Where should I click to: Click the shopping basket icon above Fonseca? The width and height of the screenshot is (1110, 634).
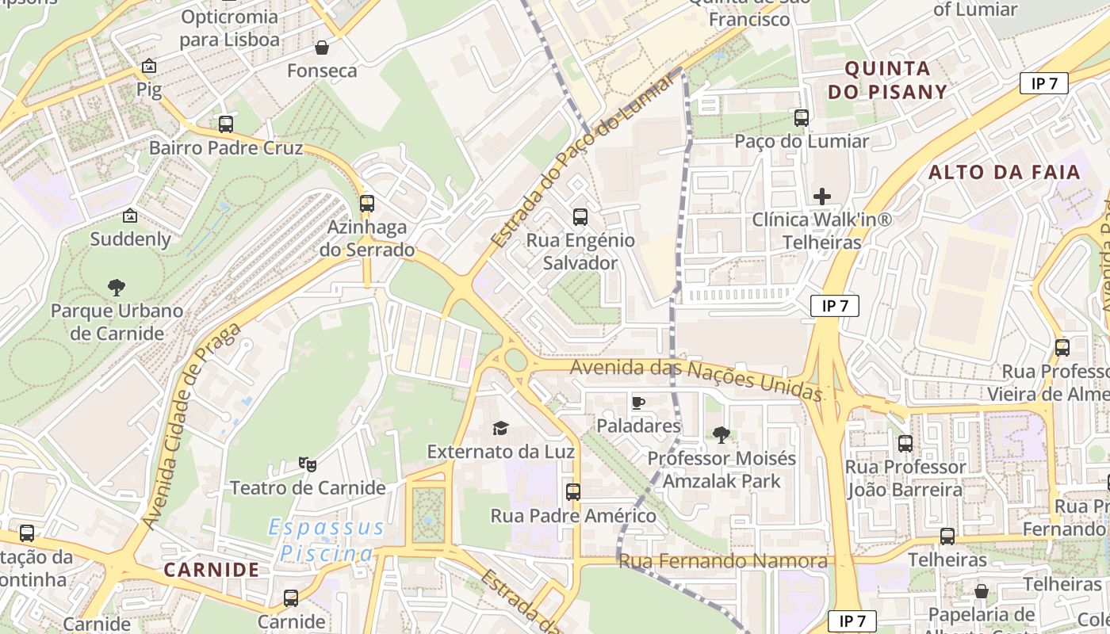322,48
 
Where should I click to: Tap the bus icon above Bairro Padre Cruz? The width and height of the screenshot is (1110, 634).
226,124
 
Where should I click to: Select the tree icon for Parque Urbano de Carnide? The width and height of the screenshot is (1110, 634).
117,288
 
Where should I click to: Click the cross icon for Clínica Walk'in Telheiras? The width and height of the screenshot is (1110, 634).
822,197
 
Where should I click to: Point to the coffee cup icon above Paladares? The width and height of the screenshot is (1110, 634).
638,403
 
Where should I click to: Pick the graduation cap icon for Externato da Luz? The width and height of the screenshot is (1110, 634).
500,429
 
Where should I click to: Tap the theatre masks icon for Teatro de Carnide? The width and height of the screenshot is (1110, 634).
308,464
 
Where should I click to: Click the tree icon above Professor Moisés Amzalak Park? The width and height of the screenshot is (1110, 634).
721,434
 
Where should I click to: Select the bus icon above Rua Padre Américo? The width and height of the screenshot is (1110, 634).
573,492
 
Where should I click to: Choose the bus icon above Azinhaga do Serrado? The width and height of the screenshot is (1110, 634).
366,204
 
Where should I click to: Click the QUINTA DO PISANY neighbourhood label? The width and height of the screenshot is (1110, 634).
888,80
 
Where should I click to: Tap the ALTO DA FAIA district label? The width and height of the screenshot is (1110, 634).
1004,172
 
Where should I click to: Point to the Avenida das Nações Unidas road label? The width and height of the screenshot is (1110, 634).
695,378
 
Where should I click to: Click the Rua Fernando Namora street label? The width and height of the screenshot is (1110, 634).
722,562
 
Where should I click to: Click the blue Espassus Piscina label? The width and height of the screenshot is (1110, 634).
326,540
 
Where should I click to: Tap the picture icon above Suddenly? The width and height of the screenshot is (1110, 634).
130,216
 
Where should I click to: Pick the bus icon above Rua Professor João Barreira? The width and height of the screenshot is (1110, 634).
905,444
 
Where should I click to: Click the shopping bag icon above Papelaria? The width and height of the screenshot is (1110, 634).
981,591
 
